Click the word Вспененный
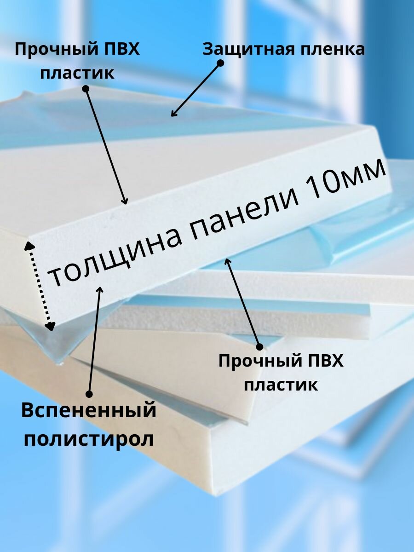pos(89,410)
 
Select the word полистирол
pos(89,439)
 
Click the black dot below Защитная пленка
pos(220,63)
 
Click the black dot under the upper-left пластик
pos(86,89)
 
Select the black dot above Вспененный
pos(89,394)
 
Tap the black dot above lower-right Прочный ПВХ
pos(259,346)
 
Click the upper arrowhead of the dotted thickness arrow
pos(30,244)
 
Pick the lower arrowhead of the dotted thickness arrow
pos(49,326)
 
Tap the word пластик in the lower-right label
pos(281,385)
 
